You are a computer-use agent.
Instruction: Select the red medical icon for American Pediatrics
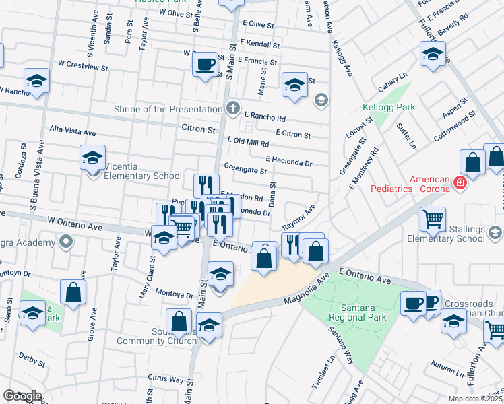pos(460,182)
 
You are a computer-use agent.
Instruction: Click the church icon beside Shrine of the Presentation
pos(232,108)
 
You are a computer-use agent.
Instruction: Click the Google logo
pos(22,396)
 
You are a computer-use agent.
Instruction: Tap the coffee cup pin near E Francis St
pos(206,65)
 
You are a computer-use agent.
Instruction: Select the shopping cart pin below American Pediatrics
pos(432,218)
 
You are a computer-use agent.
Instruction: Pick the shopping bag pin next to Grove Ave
pos(73,292)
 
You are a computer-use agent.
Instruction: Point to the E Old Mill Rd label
pos(248,143)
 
